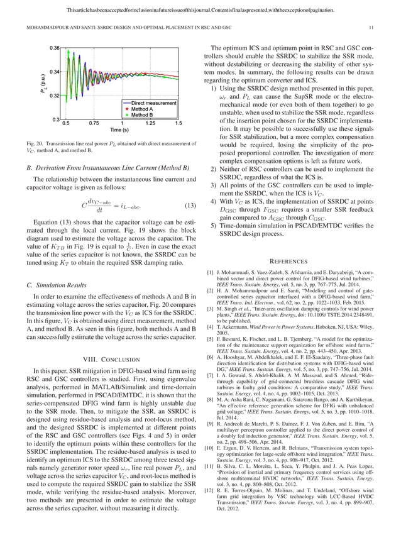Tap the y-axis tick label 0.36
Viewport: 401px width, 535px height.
55,48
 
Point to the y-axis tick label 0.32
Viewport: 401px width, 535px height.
55,96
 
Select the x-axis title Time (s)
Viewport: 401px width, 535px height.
120,130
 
